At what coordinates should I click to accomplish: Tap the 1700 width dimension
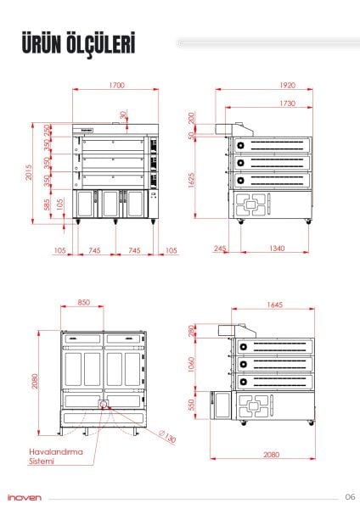116,86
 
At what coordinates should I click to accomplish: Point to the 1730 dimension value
286,102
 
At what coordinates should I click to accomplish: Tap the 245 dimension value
221,249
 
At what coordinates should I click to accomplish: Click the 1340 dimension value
276,249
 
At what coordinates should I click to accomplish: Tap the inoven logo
22,496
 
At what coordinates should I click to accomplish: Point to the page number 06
350,496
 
